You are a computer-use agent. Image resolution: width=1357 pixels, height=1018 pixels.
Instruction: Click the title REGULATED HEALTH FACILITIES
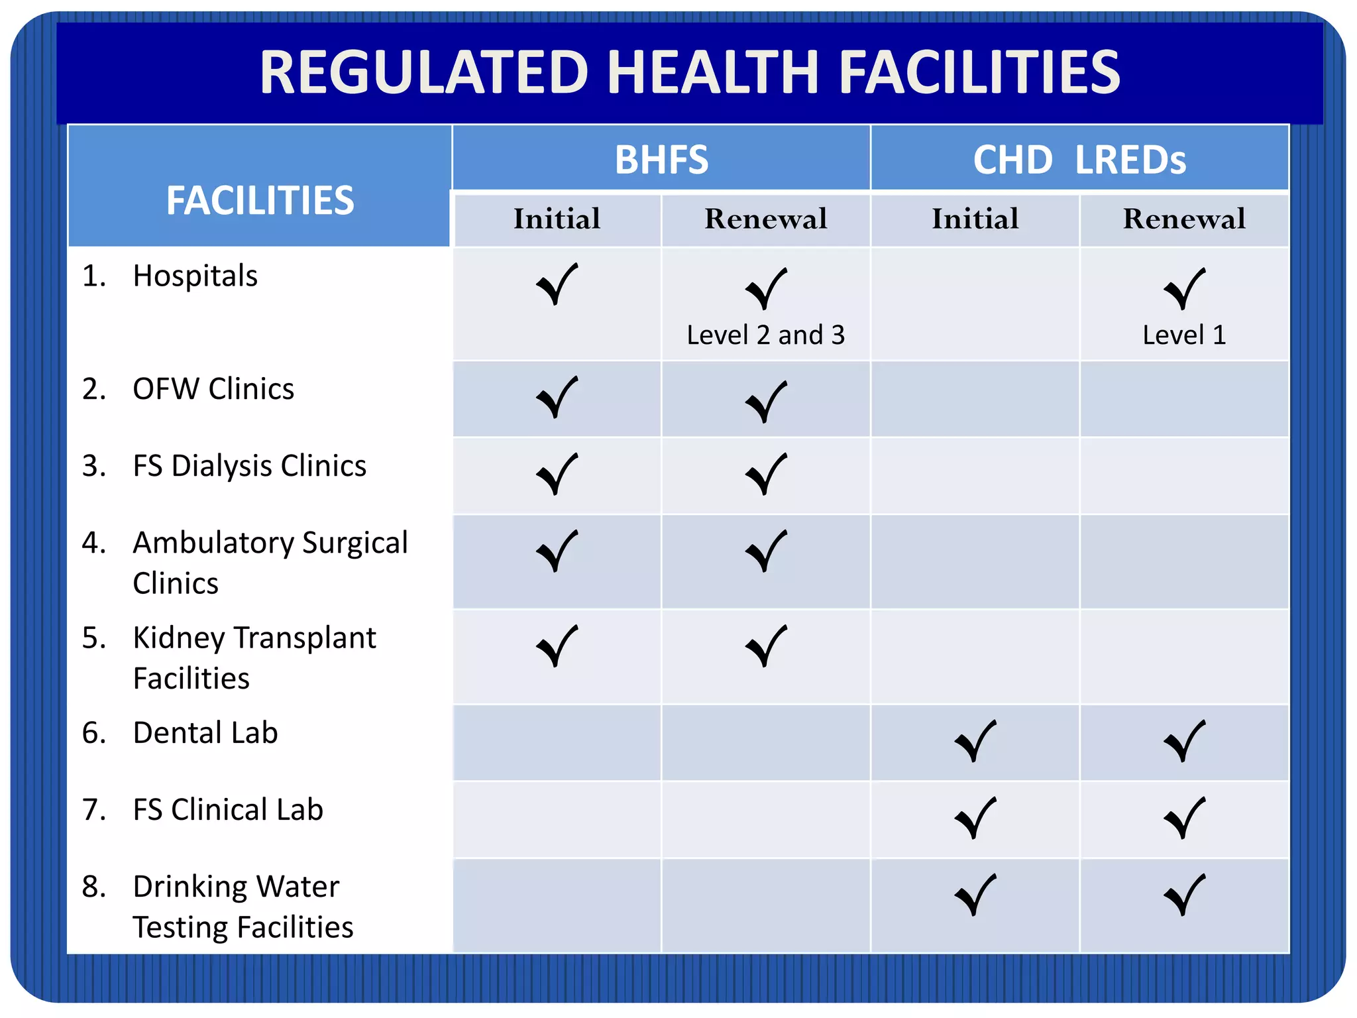coord(689,72)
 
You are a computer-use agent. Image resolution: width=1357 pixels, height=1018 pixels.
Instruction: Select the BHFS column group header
coord(661,160)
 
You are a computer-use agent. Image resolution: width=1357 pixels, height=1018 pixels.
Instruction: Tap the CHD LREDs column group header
coord(1079,160)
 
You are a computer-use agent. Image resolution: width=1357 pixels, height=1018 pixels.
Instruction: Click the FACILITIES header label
coord(260,200)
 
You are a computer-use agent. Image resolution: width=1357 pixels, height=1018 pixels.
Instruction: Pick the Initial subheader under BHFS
coord(557,219)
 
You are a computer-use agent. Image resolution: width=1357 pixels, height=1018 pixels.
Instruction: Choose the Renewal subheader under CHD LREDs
coord(1184,219)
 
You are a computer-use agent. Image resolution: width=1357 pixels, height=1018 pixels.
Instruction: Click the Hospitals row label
coord(195,276)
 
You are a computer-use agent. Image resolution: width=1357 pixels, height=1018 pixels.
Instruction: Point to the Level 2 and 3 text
coord(765,335)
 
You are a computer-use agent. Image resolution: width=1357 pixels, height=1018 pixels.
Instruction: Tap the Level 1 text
coord(1184,335)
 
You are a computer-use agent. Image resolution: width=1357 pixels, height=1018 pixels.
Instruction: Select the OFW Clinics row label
coord(213,389)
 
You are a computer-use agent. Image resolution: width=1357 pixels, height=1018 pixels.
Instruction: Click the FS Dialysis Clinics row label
coord(249,466)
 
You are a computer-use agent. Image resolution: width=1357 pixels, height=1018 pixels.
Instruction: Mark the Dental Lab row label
coord(205,733)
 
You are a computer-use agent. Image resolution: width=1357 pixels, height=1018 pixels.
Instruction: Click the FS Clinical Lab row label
coord(227,810)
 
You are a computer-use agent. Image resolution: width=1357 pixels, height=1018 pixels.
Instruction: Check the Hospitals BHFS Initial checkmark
coord(557,285)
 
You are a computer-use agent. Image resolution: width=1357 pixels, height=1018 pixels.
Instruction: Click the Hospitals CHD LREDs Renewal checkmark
coord(1184,289)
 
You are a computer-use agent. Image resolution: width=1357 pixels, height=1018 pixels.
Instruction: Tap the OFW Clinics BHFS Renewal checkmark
coord(766,402)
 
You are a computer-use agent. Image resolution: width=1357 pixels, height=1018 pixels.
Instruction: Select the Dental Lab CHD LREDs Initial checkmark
coord(975,741)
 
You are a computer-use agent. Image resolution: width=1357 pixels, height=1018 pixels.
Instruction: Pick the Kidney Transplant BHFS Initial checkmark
coord(557,646)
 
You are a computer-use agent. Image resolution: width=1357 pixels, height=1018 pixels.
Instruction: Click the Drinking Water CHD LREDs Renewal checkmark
coord(1184,895)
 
